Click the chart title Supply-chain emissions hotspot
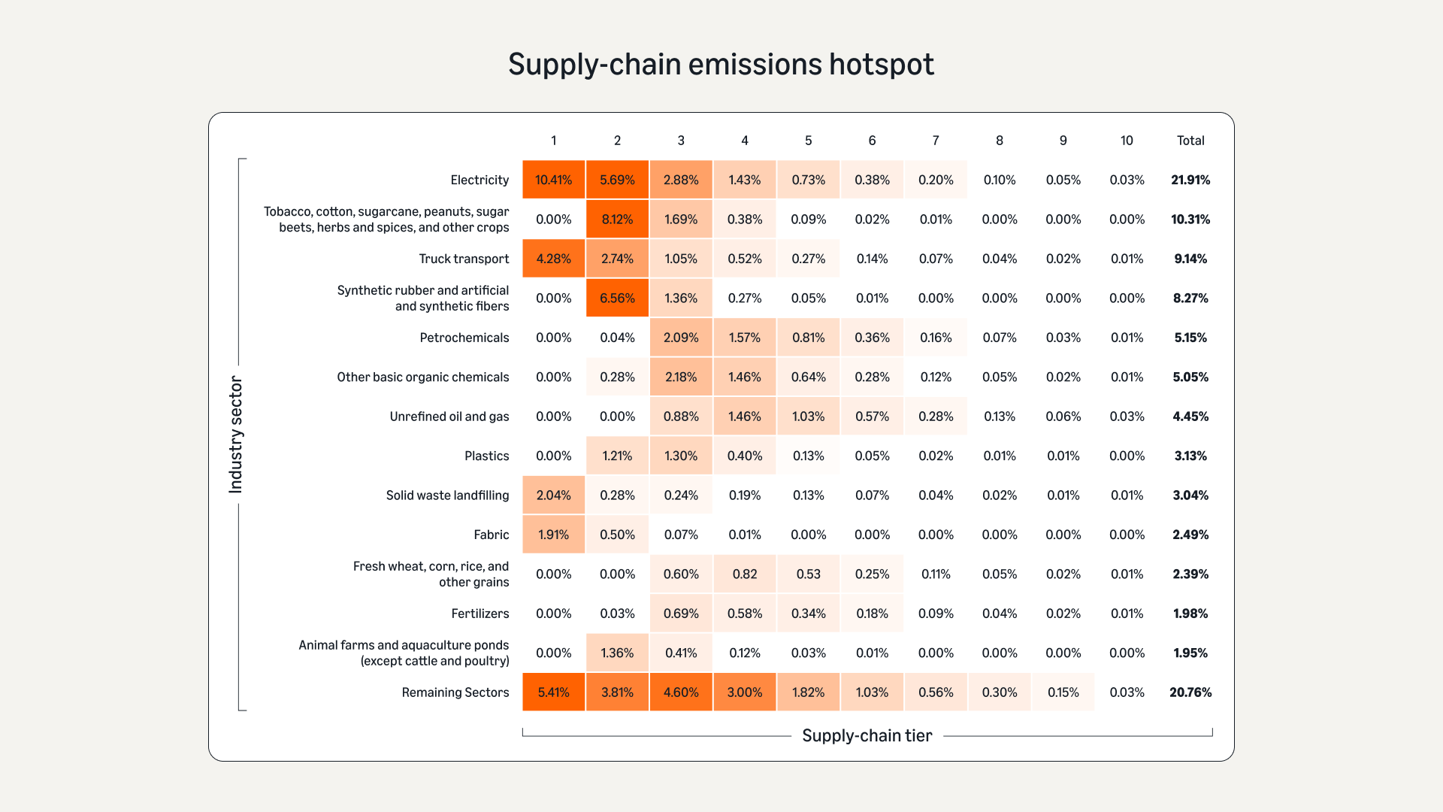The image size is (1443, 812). click(x=721, y=65)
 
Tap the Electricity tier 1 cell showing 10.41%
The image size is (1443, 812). click(x=553, y=180)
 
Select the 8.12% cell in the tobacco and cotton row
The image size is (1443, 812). click(x=617, y=220)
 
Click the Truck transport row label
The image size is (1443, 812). click(x=464, y=259)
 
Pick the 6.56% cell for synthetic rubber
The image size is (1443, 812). click(x=617, y=298)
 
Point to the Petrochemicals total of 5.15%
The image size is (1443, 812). click(x=1190, y=338)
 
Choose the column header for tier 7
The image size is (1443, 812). click(x=936, y=141)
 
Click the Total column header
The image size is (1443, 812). click(x=1190, y=141)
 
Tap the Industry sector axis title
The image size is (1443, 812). click(x=236, y=435)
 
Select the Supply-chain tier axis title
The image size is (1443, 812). click(x=867, y=735)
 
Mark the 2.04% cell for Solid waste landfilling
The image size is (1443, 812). click(x=553, y=495)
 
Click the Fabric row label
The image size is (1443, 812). click(x=491, y=535)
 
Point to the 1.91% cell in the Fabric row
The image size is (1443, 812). click(x=553, y=535)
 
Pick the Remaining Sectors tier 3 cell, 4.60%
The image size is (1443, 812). click(x=681, y=692)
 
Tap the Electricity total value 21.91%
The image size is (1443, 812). click(x=1190, y=180)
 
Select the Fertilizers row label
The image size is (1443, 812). click(x=479, y=614)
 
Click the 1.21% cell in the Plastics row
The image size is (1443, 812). click(x=617, y=456)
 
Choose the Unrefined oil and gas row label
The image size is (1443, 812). click(x=449, y=417)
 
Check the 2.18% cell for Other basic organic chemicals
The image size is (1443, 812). click(x=681, y=377)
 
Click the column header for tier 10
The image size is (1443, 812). click(x=1127, y=141)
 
